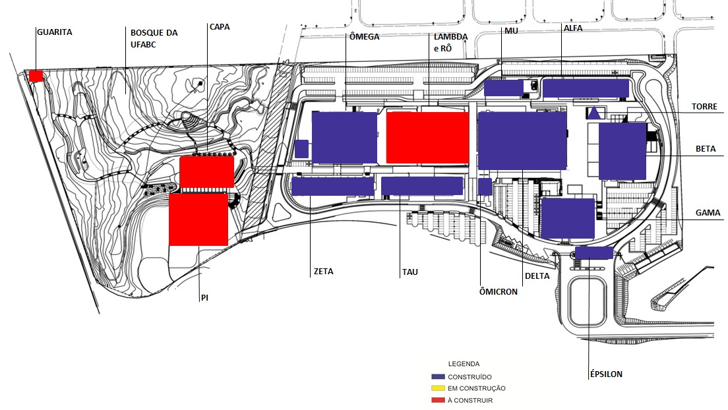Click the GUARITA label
55,32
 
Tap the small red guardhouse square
36,76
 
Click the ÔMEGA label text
364,37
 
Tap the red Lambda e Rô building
427,137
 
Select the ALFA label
573,28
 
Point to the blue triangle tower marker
595,113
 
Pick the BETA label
706,150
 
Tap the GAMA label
708,213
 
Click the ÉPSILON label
606,374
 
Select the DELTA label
537,276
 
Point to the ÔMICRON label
498,291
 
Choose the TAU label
409,272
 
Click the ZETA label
324,271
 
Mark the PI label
204,298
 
